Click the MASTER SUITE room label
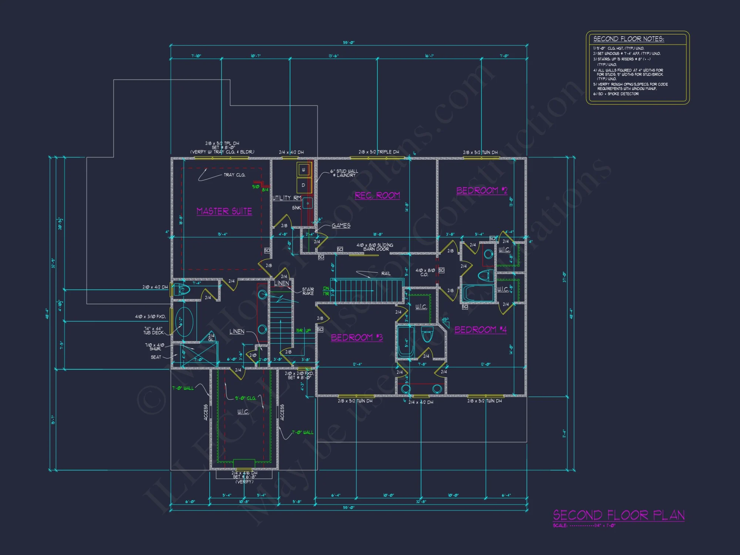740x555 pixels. click(224, 211)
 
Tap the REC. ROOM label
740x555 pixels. click(377, 195)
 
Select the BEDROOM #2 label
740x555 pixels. click(482, 191)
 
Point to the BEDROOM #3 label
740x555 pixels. click(357, 337)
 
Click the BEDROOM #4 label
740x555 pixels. click(480, 330)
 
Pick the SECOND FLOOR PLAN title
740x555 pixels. click(619, 515)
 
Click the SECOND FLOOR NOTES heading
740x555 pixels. click(629, 39)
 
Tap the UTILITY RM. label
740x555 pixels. click(287, 198)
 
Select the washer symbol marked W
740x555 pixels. click(303, 170)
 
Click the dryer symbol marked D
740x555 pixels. click(303, 185)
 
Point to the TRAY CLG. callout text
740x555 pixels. click(234, 175)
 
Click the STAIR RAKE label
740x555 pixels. click(308, 291)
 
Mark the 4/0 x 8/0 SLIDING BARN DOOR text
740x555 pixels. click(375, 247)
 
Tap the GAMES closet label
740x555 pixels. click(341, 226)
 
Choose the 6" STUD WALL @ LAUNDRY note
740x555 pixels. click(344, 173)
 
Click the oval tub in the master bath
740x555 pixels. click(184, 322)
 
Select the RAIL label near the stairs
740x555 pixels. click(386, 273)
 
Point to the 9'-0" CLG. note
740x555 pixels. click(245, 398)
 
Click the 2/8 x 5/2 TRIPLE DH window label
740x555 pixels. click(379, 152)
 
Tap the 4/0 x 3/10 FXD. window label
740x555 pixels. click(150, 317)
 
